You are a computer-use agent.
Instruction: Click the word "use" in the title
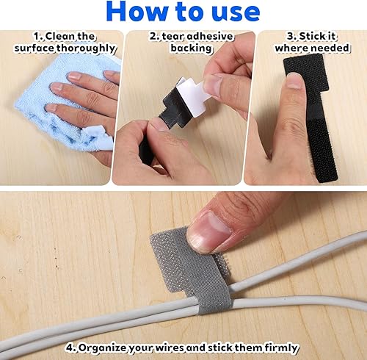[x=231, y=12]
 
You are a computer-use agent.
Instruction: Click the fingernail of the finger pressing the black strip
[x=294, y=80]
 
